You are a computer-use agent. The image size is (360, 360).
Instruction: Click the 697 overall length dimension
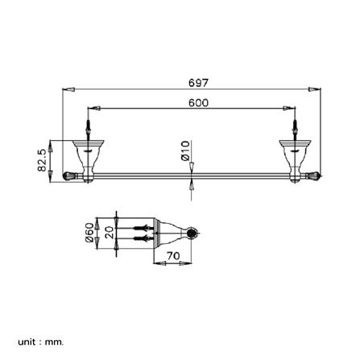click(198, 83)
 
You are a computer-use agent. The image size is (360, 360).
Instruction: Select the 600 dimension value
click(198, 102)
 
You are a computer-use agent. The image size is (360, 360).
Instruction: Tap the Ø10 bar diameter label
click(185, 151)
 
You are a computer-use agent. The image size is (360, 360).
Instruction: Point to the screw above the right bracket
click(293, 129)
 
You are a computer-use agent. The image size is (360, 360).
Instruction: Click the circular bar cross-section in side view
click(190, 234)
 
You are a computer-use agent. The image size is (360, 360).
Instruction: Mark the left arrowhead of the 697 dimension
click(68, 90)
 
